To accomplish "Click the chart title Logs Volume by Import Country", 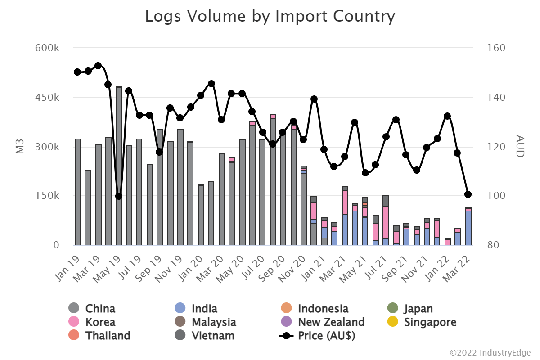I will [270, 17].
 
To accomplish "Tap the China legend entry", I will [100, 309].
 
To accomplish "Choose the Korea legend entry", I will [100, 322].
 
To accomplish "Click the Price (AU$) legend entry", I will [326, 336].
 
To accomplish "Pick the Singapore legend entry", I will [430, 322].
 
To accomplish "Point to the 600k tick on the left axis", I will [47, 48].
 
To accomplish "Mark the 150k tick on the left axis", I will [47, 196].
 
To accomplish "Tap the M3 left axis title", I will [20, 147].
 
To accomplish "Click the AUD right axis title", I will [520, 146].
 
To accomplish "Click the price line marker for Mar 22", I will [468, 194].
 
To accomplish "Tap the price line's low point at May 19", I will [119, 196].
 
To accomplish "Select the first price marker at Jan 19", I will [77, 72].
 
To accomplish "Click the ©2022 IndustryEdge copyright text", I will [490, 351].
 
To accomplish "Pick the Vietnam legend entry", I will [212, 336].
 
